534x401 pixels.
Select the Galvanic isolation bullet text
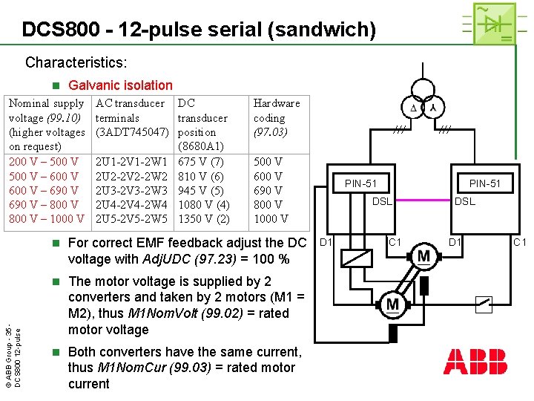point(120,85)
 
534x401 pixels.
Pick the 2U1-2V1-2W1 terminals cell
point(132,162)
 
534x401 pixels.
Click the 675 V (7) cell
point(200,162)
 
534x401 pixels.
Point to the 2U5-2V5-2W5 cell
point(132,219)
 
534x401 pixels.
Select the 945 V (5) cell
point(200,191)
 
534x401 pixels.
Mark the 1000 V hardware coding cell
point(271,219)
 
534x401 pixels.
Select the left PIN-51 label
point(360,183)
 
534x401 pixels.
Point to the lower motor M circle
point(392,303)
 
